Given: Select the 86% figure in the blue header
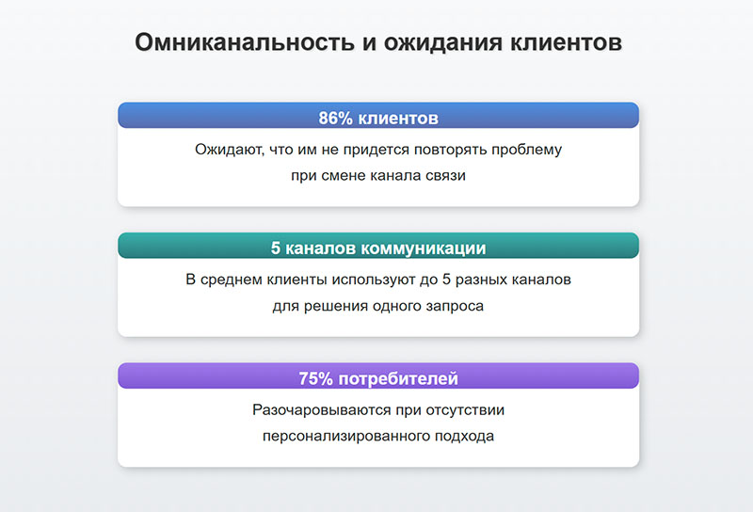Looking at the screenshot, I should (336, 120).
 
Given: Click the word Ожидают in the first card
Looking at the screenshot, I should (224, 150).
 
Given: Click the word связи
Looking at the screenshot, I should (444, 176).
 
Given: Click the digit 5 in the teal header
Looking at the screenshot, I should (276, 249).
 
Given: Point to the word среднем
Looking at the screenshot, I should (228, 280).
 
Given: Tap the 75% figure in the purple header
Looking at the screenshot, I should (315, 379).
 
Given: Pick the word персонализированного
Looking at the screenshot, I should (345, 437).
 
